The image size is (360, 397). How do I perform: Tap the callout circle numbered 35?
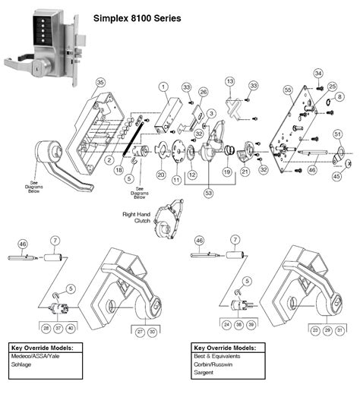99,82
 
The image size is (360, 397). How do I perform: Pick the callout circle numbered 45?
336,177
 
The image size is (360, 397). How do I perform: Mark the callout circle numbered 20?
161,175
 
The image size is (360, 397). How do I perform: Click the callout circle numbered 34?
318,73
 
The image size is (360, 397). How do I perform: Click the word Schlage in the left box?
22,364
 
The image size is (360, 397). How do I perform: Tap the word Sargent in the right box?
207,373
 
